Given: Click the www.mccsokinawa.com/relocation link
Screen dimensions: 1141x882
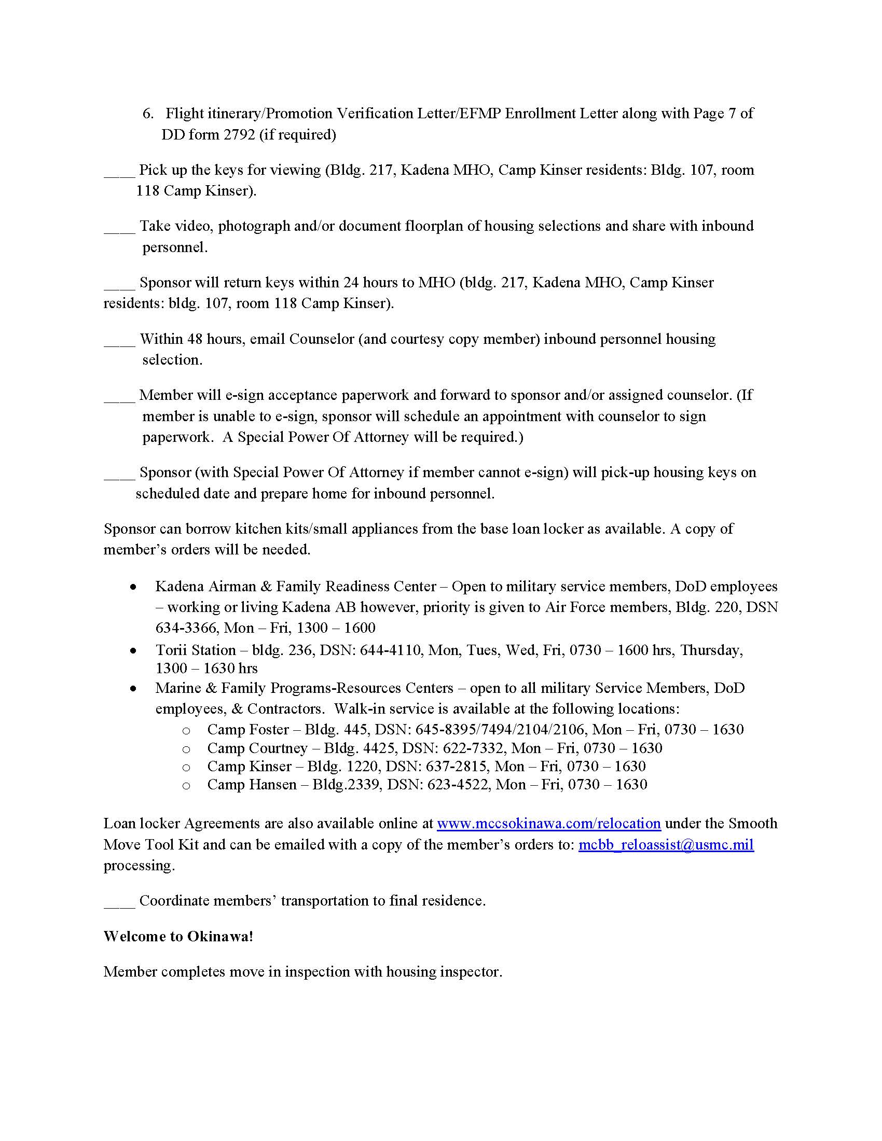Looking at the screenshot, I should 548,824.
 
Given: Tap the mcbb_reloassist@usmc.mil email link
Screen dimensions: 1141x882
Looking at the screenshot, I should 666,845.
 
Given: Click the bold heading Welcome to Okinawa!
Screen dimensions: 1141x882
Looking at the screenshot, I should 178,936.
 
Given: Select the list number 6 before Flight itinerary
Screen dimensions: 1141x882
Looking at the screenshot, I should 147,114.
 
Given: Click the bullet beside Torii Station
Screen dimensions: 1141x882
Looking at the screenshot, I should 134,651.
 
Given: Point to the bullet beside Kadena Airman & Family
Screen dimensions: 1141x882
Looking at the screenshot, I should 134,587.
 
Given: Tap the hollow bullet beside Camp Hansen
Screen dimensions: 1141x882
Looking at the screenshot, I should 186,786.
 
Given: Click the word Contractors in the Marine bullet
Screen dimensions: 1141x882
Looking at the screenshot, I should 284,709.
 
